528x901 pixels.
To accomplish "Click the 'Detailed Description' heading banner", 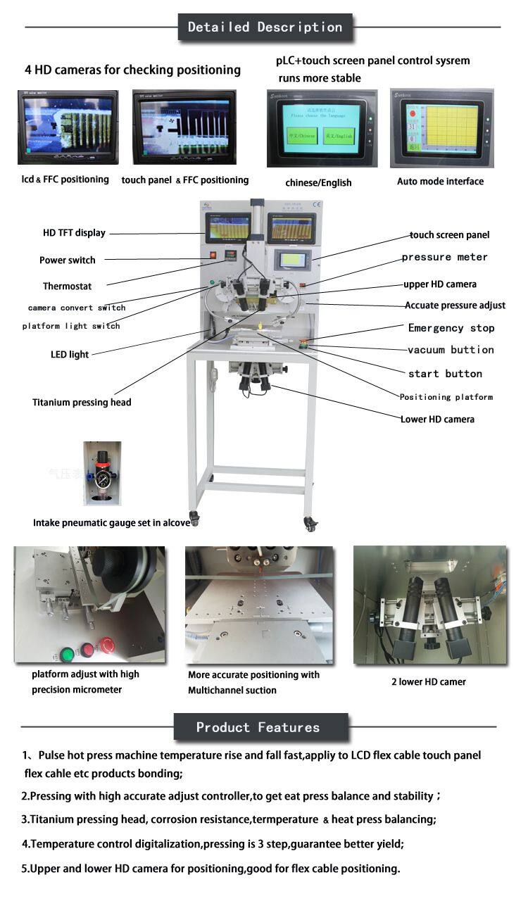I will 265,27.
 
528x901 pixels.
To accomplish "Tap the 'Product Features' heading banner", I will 258,727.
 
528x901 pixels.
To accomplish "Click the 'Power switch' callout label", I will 67,260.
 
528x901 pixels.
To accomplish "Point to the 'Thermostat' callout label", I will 67,286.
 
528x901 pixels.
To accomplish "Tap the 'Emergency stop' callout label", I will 451,328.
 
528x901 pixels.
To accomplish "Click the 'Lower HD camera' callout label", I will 437,420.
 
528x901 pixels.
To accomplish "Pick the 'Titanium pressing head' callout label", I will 82,403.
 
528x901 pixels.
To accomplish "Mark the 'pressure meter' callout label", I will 444,258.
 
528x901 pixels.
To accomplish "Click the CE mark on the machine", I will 316,206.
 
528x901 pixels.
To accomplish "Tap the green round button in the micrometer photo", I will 66,653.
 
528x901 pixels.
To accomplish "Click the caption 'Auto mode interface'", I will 440,182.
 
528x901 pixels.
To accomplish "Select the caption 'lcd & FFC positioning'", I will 65,179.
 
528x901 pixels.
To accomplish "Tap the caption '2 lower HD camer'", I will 429,681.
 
